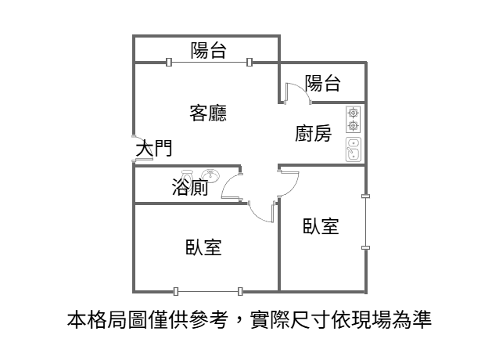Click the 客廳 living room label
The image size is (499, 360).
tap(208, 113)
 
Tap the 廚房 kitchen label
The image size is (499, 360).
tap(313, 133)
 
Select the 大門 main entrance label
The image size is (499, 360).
tap(154, 149)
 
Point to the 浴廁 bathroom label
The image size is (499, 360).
tap(190, 187)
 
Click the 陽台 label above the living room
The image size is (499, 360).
tap(209, 50)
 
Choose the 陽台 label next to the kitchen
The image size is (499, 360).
tap(323, 83)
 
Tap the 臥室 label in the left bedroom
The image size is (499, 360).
tap(203, 247)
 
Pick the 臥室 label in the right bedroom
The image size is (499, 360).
tap(321, 225)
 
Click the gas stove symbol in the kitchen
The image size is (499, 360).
tap(354, 120)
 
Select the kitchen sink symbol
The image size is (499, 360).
tap(354, 149)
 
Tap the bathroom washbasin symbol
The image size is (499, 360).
tap(210, 175)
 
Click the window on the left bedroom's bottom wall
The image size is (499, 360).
tap(208, 291)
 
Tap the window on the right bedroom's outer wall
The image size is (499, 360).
tap(366, 221)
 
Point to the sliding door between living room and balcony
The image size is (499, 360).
tap(209, 62)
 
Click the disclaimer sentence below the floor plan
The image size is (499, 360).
tap(249, 320)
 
